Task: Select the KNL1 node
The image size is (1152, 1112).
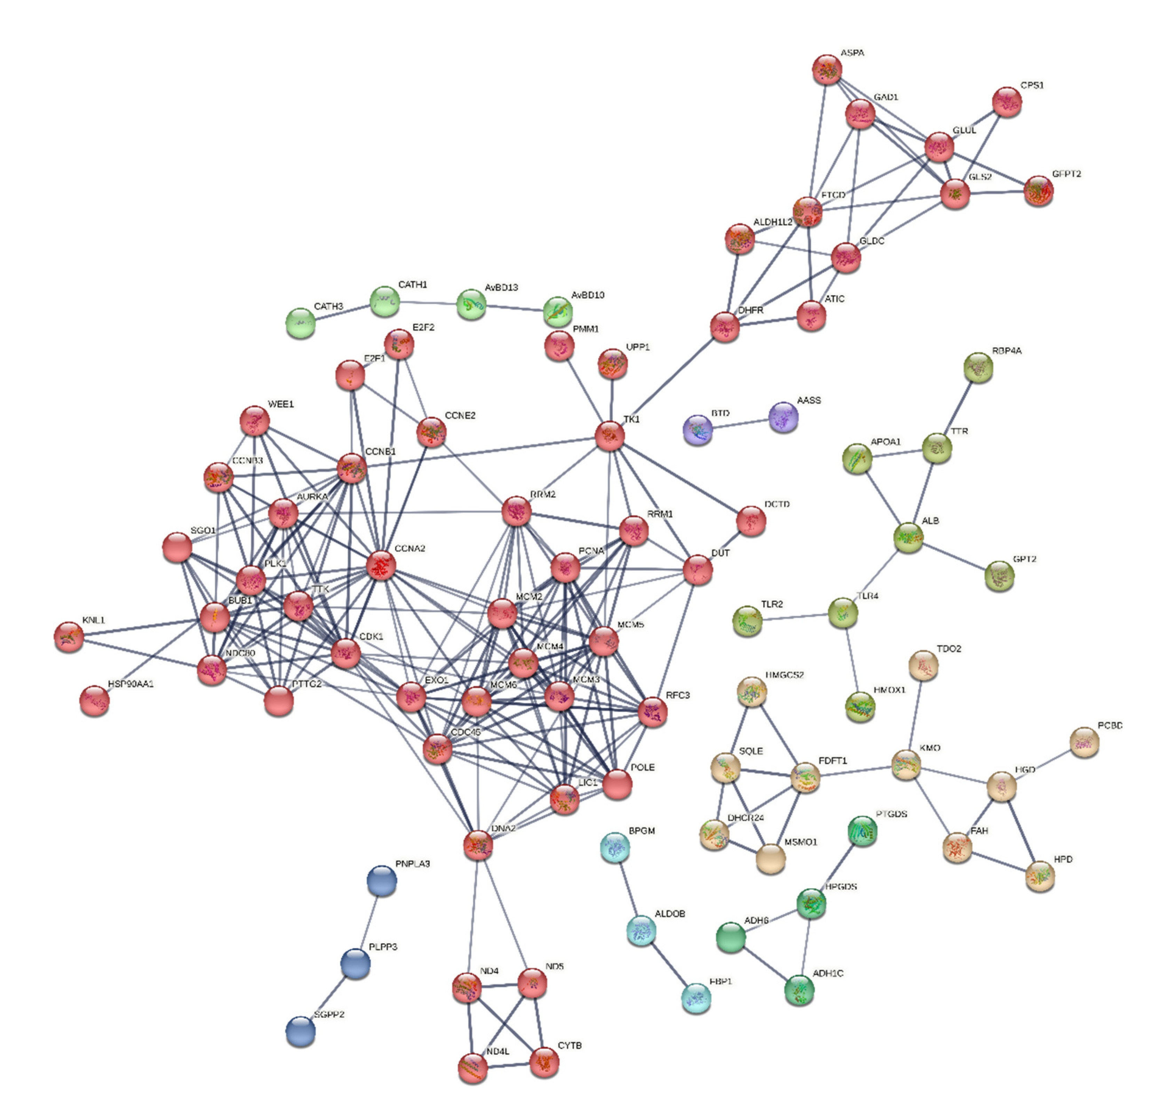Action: (69, 637)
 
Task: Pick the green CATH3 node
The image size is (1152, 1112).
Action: (300, 323)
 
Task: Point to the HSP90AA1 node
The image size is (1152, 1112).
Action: (94, 700)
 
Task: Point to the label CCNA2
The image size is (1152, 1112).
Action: (410, 549)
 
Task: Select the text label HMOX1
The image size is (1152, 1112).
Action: (889, 690)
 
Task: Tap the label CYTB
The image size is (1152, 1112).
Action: (570, 1046)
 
